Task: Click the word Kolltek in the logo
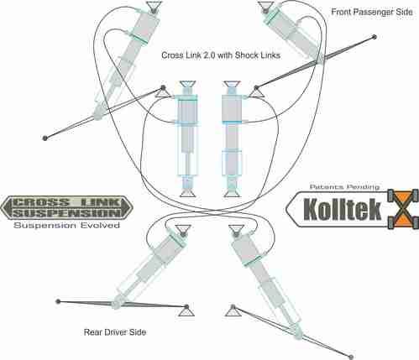coord(343,209)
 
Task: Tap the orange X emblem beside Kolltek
coord(403,209)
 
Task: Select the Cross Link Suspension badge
coord(66,207)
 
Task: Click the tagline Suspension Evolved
coord(67,226)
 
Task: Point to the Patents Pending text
coord(344,186)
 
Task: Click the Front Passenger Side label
coord(372,12)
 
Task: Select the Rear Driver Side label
coord(115,332)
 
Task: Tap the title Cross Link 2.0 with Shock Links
coord(221,55)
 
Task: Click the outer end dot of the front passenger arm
coord(374,37)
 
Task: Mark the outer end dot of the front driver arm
coord(45,138)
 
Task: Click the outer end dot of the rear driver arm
coord(58,301)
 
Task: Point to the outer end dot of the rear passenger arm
coord(351,357)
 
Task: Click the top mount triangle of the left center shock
coord(188,85)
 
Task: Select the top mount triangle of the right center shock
coord(232,85)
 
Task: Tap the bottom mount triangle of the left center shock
coord(188,193)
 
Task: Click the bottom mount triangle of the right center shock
coord(232,193)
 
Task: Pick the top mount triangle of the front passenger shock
coord(266,6)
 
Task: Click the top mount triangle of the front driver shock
coord(154,6)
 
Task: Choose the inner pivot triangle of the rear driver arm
coord(186,311)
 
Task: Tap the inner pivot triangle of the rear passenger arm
coord(233,311)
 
